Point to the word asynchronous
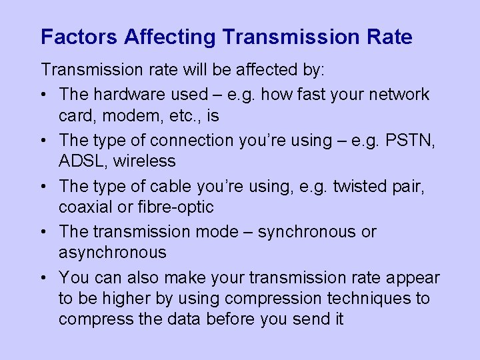(x=113, y=253)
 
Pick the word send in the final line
(x=309, y=319)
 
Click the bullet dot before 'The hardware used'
(x=45, y=95)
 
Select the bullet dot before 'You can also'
(x=45, y=277)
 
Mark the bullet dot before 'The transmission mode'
(x=45, y=232)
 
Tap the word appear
(x=407, y=277)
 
